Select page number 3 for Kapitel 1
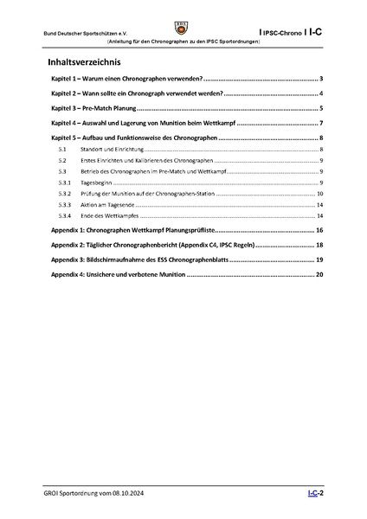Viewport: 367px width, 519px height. (320, 79)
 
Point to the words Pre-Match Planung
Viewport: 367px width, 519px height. (113, 108)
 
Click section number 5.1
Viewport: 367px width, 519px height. (61, 151)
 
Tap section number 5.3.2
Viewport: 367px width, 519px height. (64, 195)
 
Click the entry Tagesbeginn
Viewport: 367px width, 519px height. (96, 183)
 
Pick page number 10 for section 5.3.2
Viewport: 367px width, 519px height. (319, 195)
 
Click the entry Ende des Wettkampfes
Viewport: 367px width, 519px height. (109, 216)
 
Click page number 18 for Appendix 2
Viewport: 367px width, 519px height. (319, 246)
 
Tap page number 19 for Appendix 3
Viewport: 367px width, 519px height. (319, 260)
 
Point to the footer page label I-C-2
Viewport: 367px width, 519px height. (315, 491)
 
